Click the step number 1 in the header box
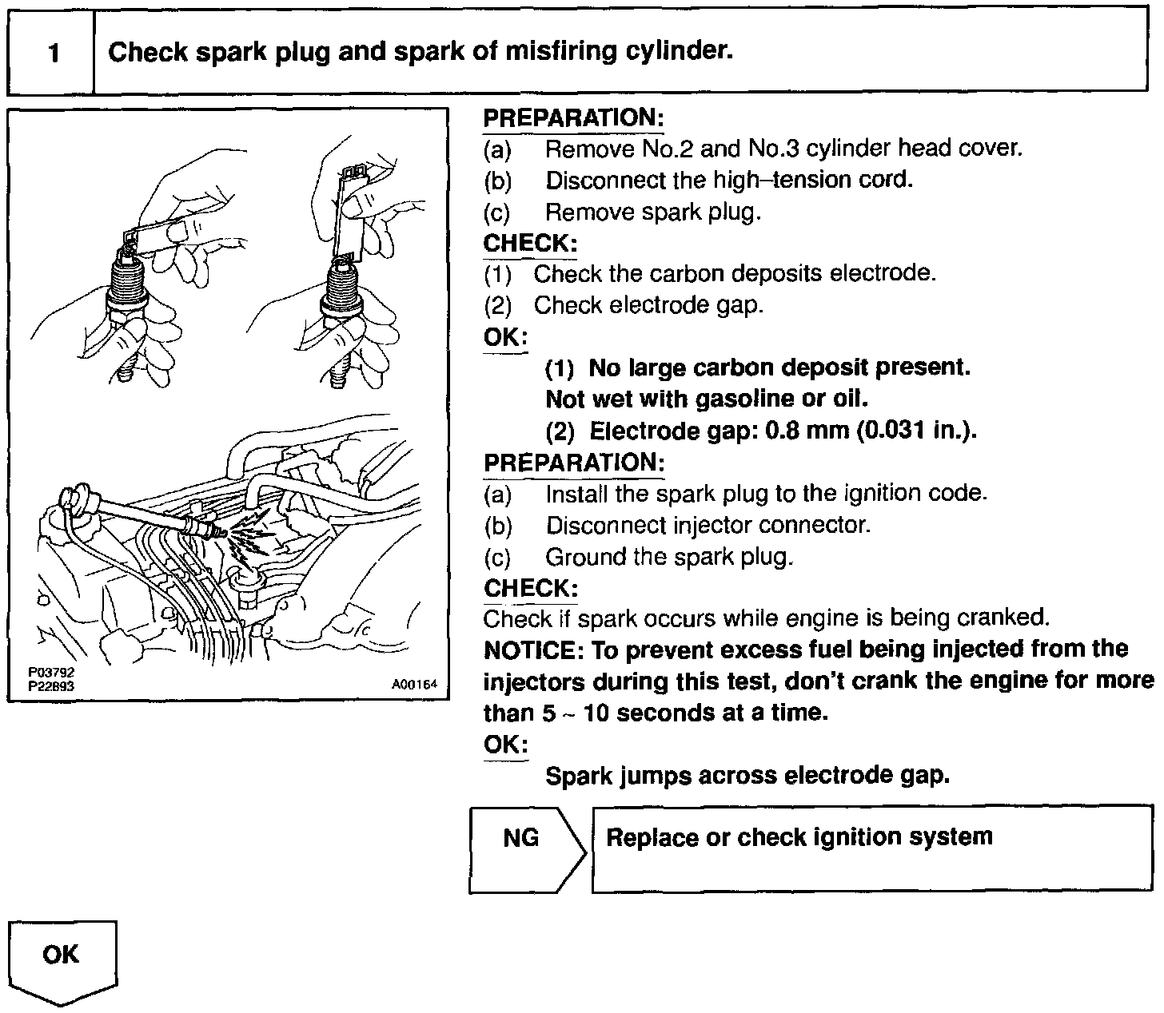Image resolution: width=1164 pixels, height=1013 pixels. click(x=54, y=54)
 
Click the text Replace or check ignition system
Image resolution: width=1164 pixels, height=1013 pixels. click(x=799, y=837)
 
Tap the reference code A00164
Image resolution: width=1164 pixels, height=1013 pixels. click(x=414, y=685)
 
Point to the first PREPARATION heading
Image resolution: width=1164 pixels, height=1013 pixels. click(x=573, y=119)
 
